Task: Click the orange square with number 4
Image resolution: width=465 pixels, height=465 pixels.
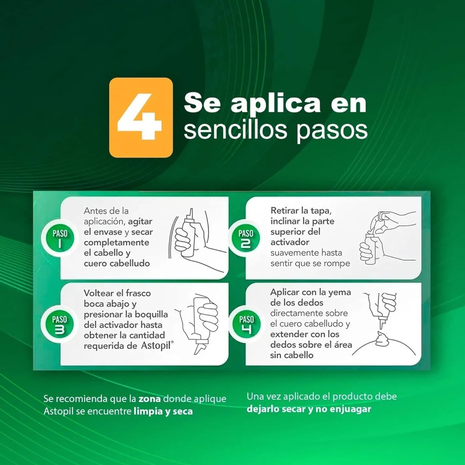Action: click(x=141, y=117)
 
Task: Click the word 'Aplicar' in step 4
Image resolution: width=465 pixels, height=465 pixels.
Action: click(x=287, y=292)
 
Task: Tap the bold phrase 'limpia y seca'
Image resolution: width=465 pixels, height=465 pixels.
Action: click(x=163, y=411)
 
